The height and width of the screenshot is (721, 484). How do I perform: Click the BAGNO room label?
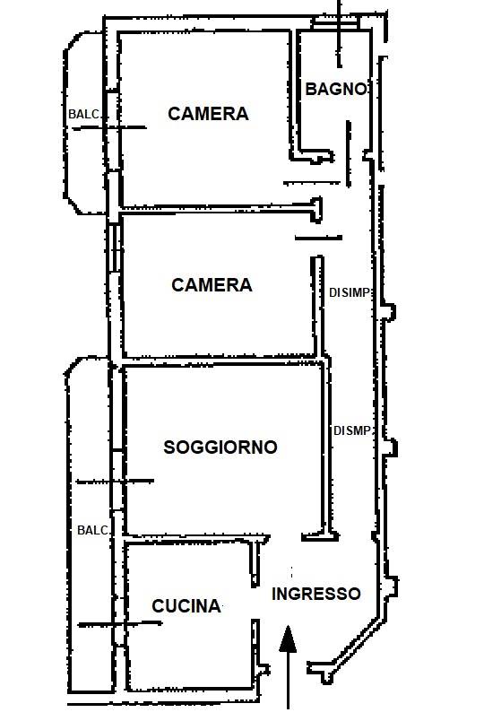tap(337, 89)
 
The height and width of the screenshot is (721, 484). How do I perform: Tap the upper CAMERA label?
tap(208, 114)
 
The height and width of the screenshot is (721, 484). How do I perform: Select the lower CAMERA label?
tap(212, 285)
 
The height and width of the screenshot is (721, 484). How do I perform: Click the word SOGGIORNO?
tap(220, 447)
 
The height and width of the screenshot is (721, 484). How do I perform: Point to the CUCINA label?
tap(186, 606)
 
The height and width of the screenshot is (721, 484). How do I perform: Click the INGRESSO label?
tap(316, 594)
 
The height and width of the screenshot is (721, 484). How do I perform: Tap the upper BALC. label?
tap(84, 114)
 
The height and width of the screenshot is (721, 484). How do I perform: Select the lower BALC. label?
tap(93, 530)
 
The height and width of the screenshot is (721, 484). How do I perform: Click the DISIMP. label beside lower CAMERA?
tap(350, 292)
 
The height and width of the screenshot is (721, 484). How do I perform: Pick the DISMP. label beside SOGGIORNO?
tap(352, 430)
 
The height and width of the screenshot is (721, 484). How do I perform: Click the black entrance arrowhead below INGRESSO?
tap(289, 638)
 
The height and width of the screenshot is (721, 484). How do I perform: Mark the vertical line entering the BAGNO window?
tap(340, 33)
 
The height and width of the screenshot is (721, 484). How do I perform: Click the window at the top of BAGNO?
tap(335, 23)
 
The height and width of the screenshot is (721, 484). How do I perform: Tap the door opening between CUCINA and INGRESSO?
tap(255, 604)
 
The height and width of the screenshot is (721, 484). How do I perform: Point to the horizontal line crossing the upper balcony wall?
tap(109, 128)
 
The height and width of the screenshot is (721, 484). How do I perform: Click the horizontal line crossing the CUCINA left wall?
tap(119, 624)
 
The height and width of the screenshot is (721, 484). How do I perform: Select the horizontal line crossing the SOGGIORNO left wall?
tap(115, 482)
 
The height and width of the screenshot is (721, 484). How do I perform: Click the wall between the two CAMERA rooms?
tap(215, 210)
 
